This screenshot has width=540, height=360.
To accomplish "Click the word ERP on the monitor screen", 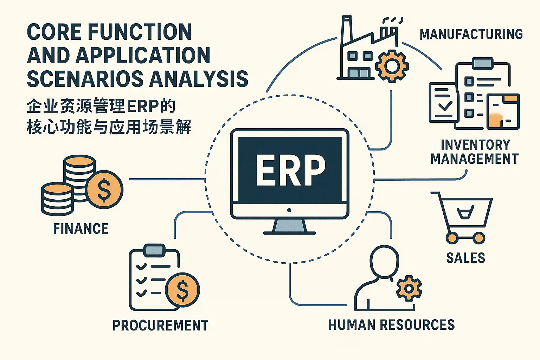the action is click(x=290, y=170).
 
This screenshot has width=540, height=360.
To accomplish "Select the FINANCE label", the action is click(x=81, y=229).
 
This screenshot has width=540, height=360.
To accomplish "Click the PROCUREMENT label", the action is click(x=160, y=325).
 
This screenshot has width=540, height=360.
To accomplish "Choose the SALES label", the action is click(x=465, y=258).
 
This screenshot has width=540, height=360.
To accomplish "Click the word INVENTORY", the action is click(x=475, y=145).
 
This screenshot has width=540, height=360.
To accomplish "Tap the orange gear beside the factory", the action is click(x=392, y=66).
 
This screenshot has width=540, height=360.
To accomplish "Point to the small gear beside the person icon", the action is click(x=409, y=289).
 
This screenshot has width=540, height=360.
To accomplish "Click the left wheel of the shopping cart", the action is click(x=452, y=238).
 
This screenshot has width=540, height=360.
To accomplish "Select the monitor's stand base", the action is click(x=289, y=233).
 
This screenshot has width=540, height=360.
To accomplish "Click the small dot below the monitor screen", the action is click(x=289, y=210).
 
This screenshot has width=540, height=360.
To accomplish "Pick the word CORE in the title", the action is click(x=54, y=32).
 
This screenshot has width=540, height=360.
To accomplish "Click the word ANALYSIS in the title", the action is click(x=199, y=78).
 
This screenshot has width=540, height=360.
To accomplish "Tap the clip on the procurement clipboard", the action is click(x=154, y=250).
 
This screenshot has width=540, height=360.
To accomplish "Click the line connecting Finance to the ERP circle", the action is click(x=167, y=179).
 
